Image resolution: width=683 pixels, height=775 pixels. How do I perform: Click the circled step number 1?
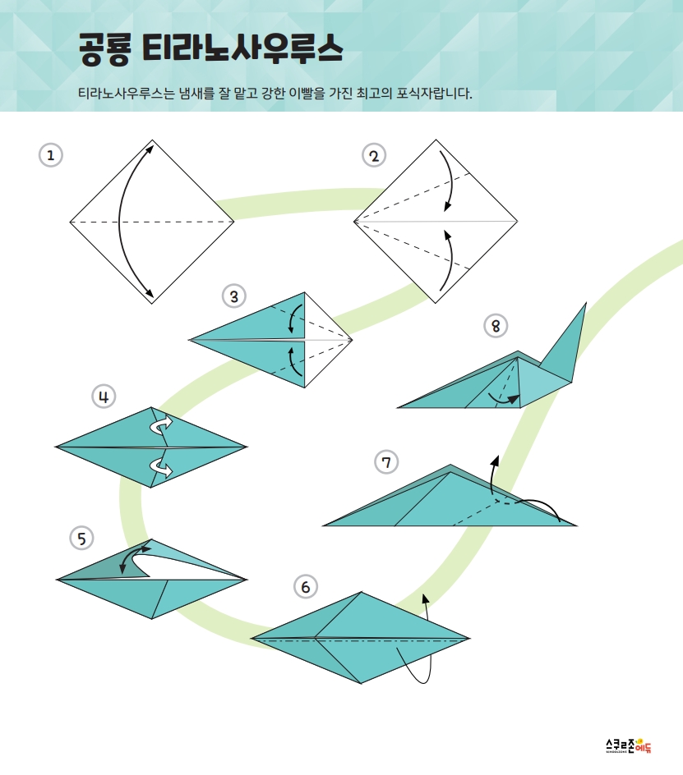[50, 155]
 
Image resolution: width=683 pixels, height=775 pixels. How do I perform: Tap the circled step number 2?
[374, 156]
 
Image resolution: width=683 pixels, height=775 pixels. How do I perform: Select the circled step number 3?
[234, 296]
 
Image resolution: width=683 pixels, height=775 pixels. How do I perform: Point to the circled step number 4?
[104, 397]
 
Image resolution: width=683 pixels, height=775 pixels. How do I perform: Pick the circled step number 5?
[82, 538]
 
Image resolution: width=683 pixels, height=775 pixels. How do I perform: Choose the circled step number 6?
[306, 587]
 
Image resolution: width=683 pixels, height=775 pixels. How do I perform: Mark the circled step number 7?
[386, 462]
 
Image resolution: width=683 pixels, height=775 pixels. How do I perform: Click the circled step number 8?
[496, 326]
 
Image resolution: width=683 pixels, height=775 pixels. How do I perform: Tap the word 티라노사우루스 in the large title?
[242, 48]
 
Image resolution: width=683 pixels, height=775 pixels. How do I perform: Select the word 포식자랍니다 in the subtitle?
[434, 93]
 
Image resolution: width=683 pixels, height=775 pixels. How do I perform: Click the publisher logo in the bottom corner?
[629, 745]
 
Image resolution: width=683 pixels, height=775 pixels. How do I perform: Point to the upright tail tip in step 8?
[586, 304]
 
